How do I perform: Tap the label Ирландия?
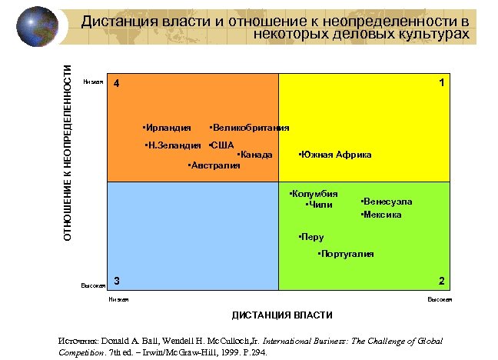[168, 127]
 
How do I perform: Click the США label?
[222, 145]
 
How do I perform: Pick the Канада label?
[256, 155]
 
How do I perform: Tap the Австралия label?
[215, 165]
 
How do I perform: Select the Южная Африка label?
[335, 155]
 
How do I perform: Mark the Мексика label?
[382, 215]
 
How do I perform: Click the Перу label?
[312, 237]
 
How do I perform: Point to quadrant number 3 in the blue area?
[116, 280]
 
